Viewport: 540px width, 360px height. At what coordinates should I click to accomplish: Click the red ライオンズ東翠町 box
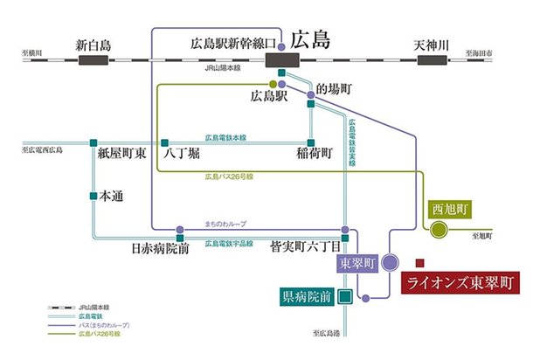point(459,283)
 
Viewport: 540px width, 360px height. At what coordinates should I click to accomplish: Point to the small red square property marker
point(419,261)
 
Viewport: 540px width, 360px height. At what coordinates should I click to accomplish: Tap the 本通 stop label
point(111,196)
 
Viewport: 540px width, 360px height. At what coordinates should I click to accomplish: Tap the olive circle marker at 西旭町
point(438,230)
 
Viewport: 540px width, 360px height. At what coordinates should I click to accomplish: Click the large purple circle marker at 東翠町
point(390,260)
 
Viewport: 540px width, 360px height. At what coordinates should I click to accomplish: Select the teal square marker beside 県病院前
point(346,296)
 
